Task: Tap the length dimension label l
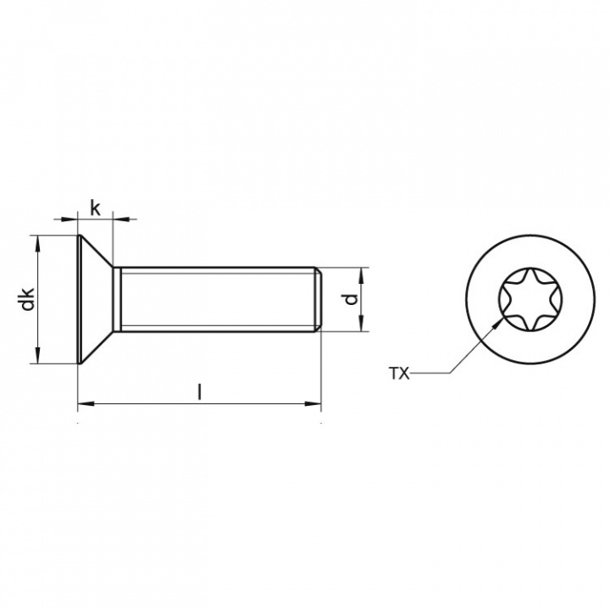tap(200, 391)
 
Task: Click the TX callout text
tap(398, 373)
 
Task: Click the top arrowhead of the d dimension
tap(361, 274)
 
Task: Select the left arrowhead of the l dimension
tap(83, 404)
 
